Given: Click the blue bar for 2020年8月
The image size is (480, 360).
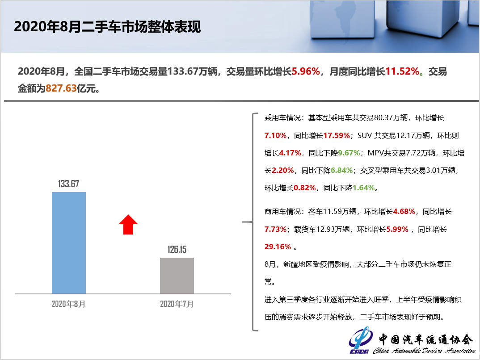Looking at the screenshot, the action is pos(68,243).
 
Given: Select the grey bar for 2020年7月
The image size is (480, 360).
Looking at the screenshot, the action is pos(177,276).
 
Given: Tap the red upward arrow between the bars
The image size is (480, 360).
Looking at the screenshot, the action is pos(128,225).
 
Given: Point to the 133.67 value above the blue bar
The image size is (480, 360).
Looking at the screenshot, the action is pos(68,184).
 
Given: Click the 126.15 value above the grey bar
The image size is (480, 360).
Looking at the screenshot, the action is pos(177,250).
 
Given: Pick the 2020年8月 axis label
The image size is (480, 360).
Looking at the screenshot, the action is pos(68,304).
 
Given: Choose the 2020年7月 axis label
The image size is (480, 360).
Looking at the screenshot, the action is pos(177,304).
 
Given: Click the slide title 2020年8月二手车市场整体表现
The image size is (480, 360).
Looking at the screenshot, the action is pos(107,27).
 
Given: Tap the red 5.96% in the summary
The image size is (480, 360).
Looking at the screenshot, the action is pos(306,71).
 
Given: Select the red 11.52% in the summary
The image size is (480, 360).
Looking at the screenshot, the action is pos(402,71).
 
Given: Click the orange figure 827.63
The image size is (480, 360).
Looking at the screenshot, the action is pos(61,88).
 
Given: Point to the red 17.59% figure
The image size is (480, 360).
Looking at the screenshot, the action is pos(337,135).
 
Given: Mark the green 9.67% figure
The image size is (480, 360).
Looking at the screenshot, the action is pos(349,153).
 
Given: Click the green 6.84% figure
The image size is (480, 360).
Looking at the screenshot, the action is pos(341,170).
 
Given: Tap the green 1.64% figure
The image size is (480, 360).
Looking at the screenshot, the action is pos(364,188).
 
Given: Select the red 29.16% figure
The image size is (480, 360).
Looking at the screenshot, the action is pos(278,247).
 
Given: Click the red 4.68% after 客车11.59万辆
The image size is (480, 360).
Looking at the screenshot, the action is pos(404,211).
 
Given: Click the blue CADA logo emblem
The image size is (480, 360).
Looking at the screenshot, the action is pos(361,340).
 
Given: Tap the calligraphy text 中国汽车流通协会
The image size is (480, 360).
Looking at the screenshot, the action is pos(426,339).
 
